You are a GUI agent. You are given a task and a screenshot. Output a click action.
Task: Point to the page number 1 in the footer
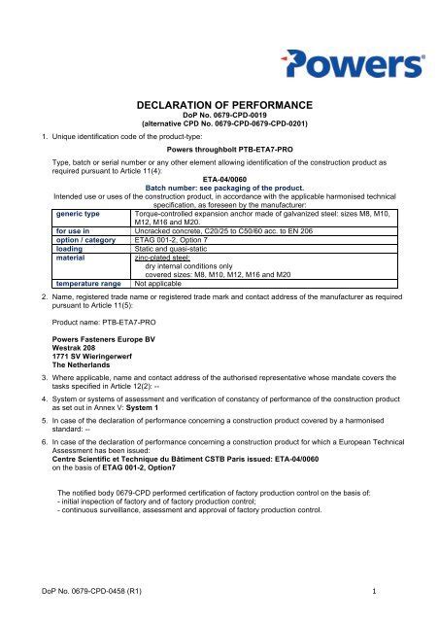pos(374,588)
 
